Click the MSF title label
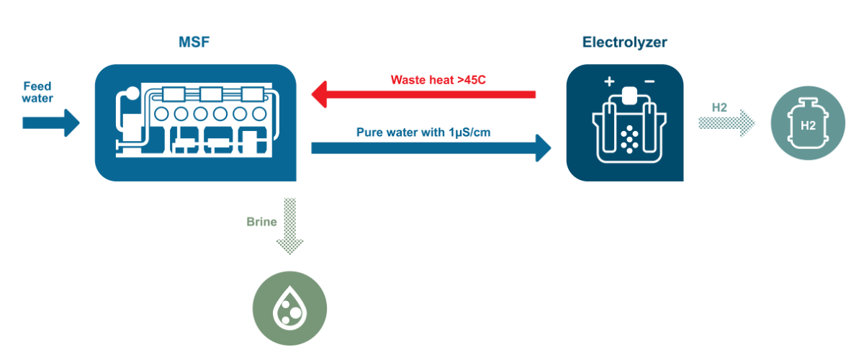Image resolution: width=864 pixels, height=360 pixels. (194, 42)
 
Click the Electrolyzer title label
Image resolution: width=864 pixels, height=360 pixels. (624, 42)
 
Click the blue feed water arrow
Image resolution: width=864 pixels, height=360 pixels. (51, 122)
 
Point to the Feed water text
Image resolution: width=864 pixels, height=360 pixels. (37, 91)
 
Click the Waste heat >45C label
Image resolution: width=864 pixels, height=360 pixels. (438, 79)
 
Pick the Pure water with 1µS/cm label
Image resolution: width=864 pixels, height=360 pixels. (423, 132)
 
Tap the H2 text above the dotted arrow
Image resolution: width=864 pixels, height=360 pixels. (719, 107)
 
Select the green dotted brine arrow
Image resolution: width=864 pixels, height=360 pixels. (289, 226)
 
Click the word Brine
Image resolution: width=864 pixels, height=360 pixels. (261, 222)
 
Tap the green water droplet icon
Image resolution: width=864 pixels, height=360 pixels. (289, 308)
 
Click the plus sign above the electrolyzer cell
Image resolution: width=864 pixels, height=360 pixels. (609, 82)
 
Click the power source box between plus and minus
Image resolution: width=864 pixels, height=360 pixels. (629, 95)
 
